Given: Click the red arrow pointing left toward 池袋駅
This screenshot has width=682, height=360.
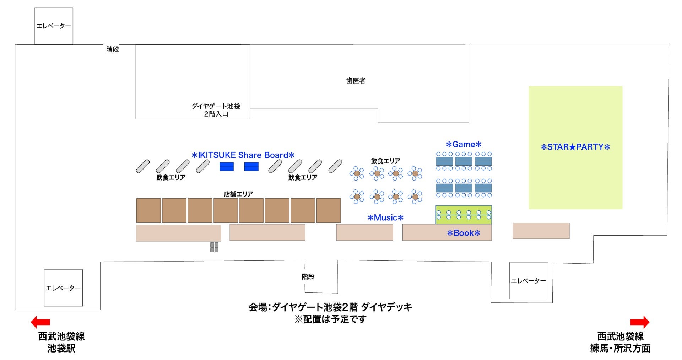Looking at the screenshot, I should pos(40,322).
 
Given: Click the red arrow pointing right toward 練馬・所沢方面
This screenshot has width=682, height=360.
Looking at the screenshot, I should pos(640,322).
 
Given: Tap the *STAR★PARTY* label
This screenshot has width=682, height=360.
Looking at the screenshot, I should pos(575,147).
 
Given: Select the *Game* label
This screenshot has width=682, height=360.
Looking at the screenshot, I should pos(464,145).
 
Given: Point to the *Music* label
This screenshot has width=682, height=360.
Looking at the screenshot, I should pos(385,218).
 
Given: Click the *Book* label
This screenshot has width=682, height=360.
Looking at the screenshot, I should pos(463,233).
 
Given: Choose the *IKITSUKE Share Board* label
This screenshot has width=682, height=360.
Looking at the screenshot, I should pos(243,155).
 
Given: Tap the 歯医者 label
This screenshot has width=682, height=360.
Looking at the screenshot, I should pos(356,81).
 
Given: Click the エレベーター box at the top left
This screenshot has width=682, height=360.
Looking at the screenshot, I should pos(54,26).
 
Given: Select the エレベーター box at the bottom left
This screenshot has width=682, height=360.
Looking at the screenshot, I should pos(63,288).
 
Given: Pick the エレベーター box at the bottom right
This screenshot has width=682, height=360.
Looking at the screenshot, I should pos(529,281).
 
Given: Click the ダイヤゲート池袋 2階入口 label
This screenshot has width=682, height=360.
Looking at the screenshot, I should pos(216,110).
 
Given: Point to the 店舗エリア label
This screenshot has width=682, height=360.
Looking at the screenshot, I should pos(238,194).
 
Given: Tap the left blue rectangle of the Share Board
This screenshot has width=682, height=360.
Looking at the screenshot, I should pos(226,167).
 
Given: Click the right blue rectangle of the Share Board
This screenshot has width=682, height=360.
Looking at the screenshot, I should pos(251,167).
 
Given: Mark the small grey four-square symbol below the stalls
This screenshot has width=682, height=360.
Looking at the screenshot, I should pos(214,247).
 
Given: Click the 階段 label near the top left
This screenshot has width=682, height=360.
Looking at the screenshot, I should pos(113,49).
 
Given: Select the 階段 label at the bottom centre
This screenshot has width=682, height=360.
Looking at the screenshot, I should pos(308,277).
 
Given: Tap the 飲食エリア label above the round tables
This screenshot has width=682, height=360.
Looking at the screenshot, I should pos(385,161).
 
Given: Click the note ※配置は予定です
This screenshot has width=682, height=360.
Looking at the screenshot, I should pos(330,319).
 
